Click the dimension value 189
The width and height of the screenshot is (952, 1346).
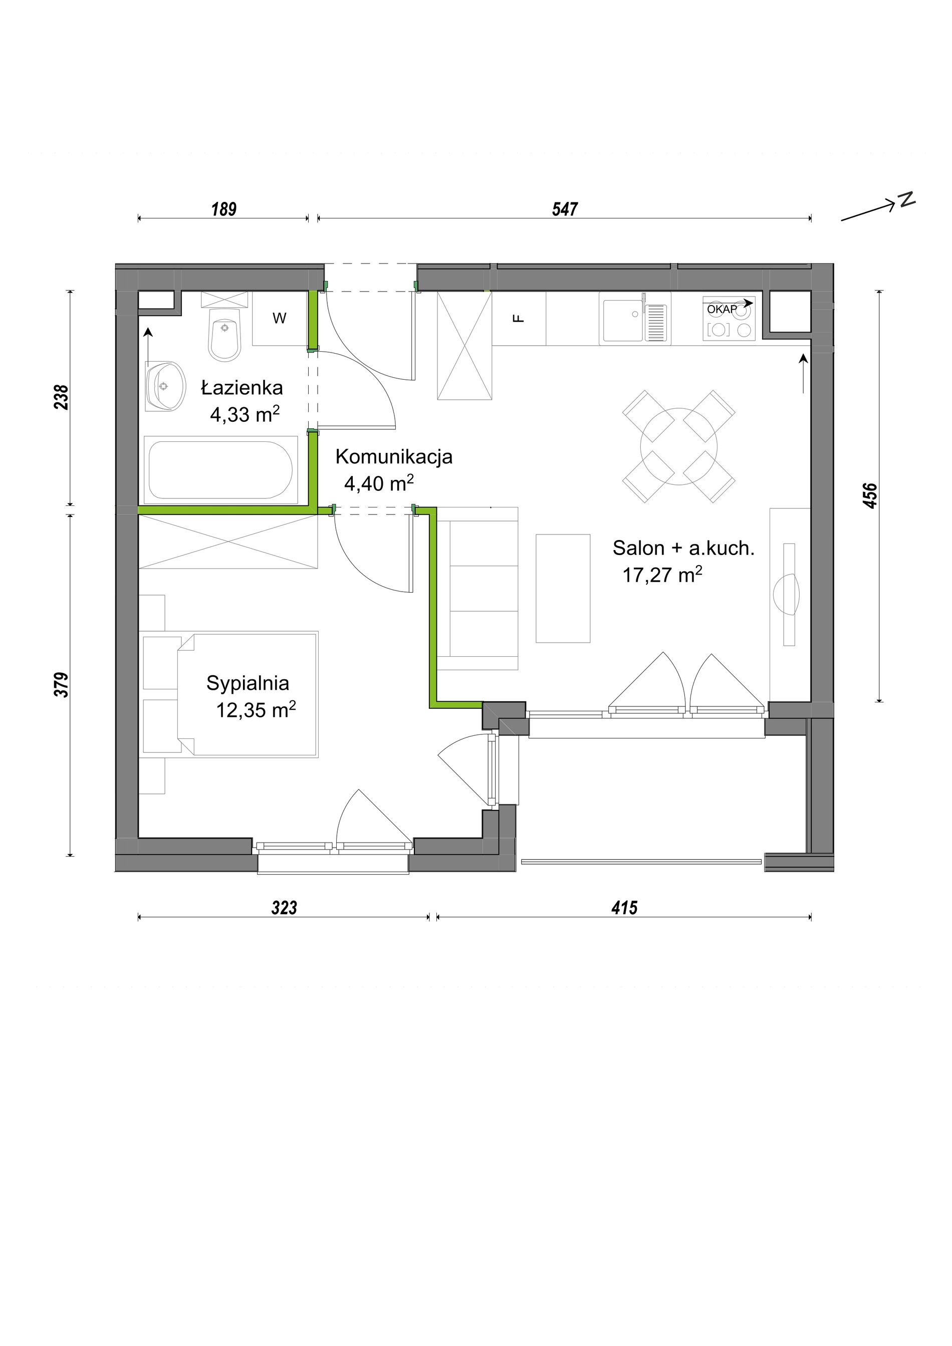coord(224,209)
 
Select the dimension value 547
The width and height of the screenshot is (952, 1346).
coord(565,209)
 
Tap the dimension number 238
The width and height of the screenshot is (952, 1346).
coord(62,397)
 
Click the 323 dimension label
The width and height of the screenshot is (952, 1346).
coord(284,908)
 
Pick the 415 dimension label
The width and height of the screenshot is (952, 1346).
coord(624,908)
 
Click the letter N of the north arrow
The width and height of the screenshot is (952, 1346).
coord(907,199)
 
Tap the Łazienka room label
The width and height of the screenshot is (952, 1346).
coord(242,388)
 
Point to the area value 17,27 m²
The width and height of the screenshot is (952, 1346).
coord(662,575)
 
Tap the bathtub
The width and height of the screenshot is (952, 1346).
coord(220,469)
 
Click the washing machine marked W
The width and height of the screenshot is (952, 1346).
coord(280,319)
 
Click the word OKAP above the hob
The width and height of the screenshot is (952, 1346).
coord(722,309)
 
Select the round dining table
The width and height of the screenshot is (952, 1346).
coord(679,446)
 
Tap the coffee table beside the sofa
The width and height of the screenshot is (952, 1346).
coord(563,588)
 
